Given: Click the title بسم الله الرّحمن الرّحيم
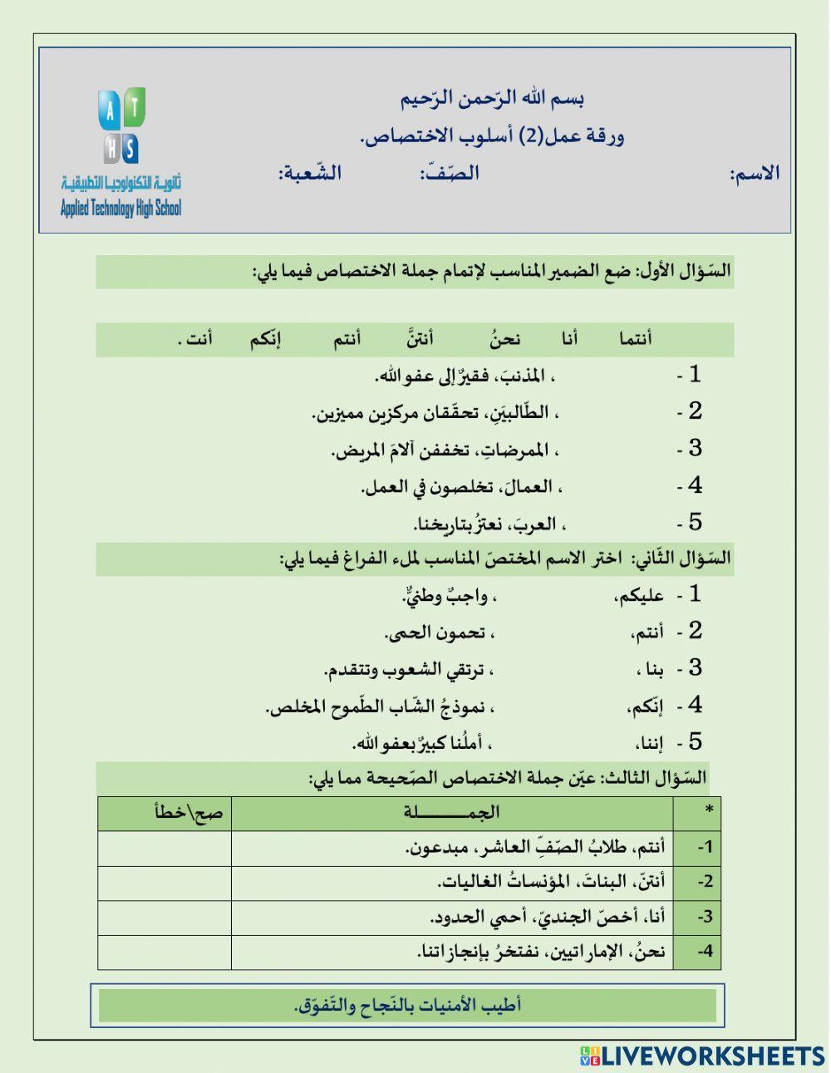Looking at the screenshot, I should tap(492, 99).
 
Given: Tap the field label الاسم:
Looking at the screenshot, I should tap(755, 174).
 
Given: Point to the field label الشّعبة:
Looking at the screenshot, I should tap(310, 173).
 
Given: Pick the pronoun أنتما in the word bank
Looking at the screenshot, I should tap(635, 338).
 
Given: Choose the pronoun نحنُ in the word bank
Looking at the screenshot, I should tap(504, 338).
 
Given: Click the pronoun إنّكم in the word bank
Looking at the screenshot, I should tap(265, 339).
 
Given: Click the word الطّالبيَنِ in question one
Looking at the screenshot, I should tap(529, 412).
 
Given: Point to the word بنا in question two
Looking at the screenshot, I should tap(649, 669).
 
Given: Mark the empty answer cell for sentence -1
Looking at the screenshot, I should tap(164, 848).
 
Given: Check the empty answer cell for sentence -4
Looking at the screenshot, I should tap(164, 952).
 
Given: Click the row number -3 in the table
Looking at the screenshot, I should tap(705, 917).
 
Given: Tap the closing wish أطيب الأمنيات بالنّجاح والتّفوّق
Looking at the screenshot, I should tap(407, 1005).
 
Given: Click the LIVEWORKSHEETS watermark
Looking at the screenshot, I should tap(702, 1056).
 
